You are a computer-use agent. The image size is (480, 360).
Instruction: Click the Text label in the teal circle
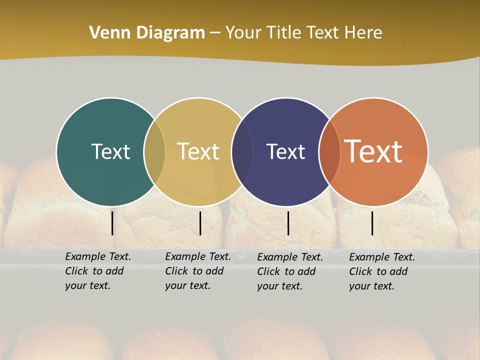[x=110, y=151]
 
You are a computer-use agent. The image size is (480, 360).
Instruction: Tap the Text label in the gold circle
[x=198, y=151]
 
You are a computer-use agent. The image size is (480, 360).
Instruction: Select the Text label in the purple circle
[x=285, y=151]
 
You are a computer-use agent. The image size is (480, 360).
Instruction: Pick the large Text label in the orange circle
[x=373, y=151]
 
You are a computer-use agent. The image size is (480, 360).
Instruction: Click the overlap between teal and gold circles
[x=154, y=151]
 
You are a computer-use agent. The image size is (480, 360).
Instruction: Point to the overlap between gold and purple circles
[x=242, y=151]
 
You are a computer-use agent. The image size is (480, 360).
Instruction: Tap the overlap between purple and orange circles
[x=329, y=151]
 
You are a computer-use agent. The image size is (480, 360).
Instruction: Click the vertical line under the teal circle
[x=112, y=223]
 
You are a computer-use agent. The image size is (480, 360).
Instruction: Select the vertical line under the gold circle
[x=200, y=223]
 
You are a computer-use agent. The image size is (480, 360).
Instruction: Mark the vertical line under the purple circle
[x=288, y=223]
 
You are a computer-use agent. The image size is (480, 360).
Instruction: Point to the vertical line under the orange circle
[x=372, y=223]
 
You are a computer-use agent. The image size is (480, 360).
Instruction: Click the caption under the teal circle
[x=97, y=271]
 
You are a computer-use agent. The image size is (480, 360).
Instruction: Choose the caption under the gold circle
[x=197, y=271]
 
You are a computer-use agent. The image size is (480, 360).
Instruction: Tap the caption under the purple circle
[x=289, y=271]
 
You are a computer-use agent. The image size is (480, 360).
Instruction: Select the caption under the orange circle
[x=381, y=271]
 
